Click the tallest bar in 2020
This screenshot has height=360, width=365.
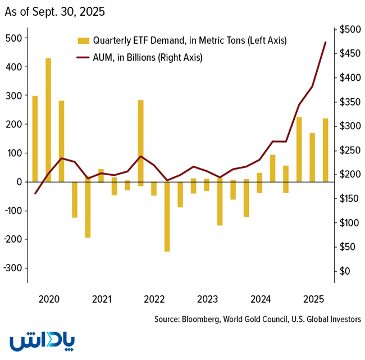tap(48, 120)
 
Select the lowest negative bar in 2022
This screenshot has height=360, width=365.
tap(167, 216)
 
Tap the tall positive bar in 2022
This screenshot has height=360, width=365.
tap(140, 141)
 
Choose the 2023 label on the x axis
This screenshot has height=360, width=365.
tap(208, 298)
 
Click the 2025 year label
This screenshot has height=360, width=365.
tap(312, 298)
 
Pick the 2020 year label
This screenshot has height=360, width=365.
tap(49, 298)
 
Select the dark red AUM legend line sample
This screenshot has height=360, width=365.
tap(83, 57)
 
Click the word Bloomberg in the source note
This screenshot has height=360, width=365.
tap(203, 320)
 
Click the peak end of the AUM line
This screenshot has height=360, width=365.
tap(325, 42)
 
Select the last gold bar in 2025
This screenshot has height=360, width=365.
tap(325, 150)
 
